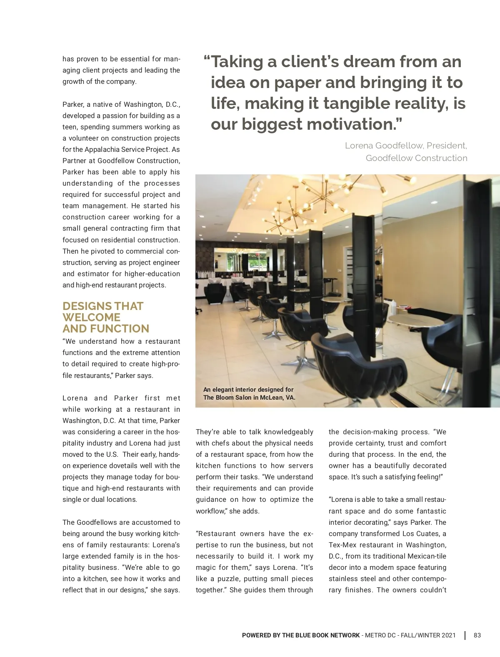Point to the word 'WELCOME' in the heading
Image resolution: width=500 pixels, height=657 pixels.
pos(91,317)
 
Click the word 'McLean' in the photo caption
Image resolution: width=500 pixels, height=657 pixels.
pos(272,398)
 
